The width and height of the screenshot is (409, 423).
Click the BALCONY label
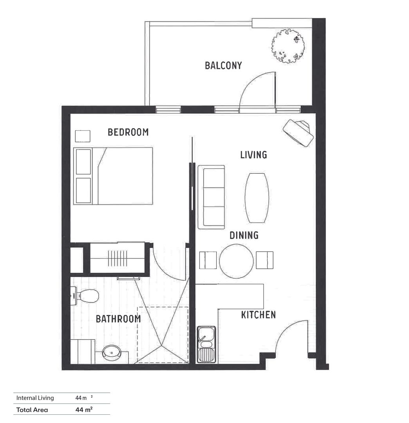223,65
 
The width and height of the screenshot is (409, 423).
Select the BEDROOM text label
128,132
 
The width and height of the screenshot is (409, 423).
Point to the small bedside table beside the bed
83,136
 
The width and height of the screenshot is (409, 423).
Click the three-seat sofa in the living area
211,197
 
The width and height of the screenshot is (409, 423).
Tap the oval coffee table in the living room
257,197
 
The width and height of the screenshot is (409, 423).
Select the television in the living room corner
299,133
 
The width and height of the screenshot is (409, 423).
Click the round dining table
236,261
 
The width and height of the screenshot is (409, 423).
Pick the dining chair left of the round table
208,260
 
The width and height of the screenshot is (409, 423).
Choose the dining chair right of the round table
264,260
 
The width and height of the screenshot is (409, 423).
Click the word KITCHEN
258,315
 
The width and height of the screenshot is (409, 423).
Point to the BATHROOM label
118,319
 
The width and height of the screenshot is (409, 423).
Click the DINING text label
244,235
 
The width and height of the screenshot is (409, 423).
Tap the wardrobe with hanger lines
117,258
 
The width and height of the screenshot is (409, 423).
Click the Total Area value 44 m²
84,410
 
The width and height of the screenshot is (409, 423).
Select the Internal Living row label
35,398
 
